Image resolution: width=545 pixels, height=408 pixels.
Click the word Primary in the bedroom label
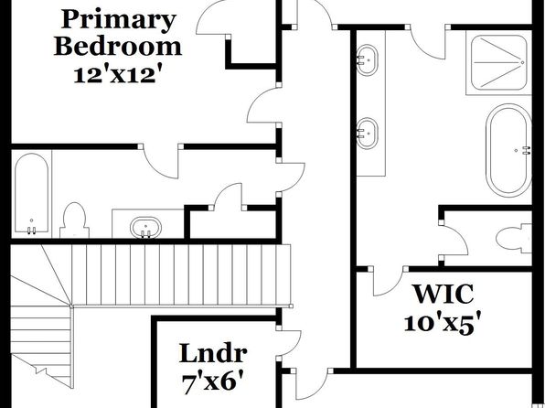118,21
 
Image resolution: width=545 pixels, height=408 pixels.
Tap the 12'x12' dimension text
118,75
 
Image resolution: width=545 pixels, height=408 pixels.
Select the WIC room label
443,295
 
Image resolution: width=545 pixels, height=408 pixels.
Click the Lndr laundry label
213,353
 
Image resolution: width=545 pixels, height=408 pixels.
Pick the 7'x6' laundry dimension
212,383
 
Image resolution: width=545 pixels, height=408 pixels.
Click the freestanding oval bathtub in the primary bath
508,150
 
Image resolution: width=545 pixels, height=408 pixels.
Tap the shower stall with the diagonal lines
499,62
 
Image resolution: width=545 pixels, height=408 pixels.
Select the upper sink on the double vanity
367,59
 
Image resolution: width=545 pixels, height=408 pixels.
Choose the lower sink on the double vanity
367,134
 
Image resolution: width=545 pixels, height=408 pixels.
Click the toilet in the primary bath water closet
514,239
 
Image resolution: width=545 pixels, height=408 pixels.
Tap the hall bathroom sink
146,228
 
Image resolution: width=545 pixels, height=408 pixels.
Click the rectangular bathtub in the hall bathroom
32,193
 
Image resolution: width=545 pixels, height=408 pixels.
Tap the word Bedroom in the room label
118,47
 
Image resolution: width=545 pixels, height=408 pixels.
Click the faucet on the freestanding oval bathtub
527,150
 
